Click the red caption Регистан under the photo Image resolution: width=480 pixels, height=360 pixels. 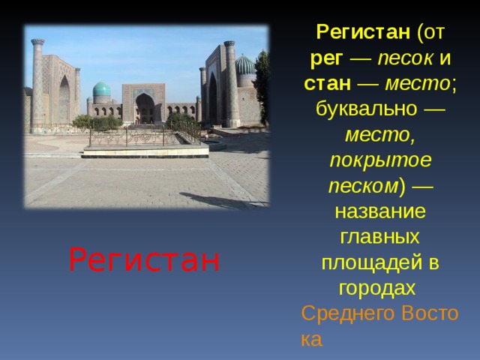coord(144,259)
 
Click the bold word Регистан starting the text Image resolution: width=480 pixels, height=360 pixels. coord(362,32)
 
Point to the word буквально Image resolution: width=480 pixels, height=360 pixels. coord(367,108)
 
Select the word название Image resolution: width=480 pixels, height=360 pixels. coord(381,211)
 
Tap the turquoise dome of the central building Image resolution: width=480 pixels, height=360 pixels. coord(101,89)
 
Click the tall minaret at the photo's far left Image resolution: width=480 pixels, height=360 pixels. coord(37,82)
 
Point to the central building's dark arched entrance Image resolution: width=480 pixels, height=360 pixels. coord(144,109)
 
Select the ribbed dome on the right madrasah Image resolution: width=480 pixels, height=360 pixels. coord(244,65)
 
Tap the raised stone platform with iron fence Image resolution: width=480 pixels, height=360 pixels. coord(145,147)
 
